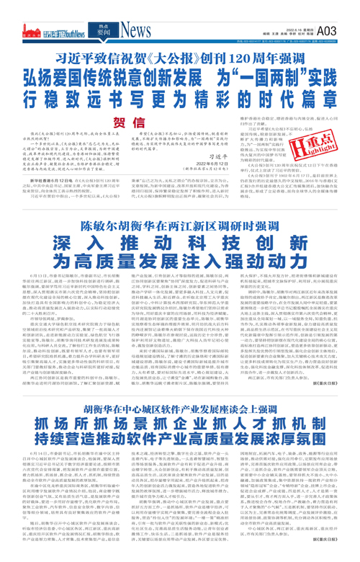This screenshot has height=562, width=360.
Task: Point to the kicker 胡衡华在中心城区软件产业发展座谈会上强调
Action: pos(179,429)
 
